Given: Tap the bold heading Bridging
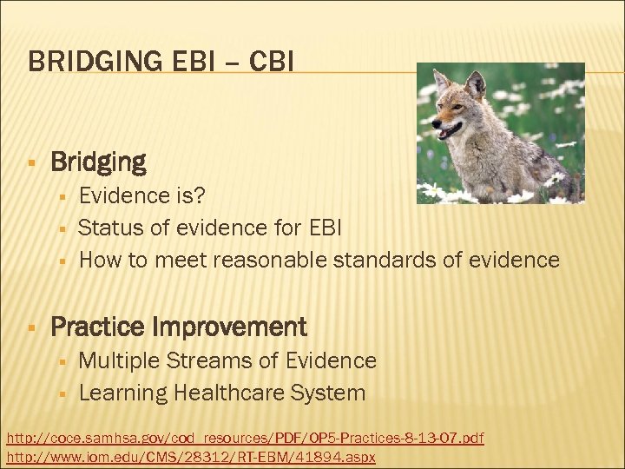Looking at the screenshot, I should [x=98, y=162].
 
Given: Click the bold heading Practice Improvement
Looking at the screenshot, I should [x=178, y=327].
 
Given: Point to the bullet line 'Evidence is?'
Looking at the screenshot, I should [x=137, y=195].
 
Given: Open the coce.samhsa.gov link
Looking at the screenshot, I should [x=245, y=438].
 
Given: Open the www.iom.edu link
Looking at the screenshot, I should [x=191, y=457].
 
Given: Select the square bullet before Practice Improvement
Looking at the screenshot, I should [x=31, y=328].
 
